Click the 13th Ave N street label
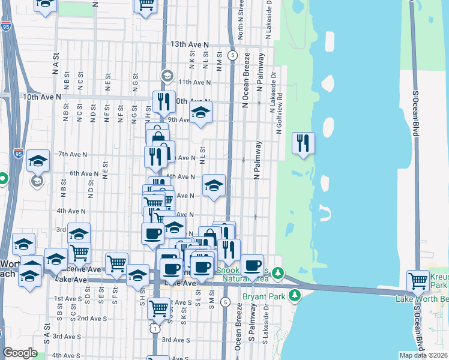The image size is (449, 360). point(188,44)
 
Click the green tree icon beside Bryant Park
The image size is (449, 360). point(294,296)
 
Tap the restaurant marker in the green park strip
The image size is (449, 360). point(303,143)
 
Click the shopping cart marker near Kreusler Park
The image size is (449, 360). point(418,281)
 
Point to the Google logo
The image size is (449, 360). point(20,353)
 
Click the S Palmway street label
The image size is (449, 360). point(253,323)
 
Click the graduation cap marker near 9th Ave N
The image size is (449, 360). point(201,112)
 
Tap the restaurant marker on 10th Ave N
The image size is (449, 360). point(163,102)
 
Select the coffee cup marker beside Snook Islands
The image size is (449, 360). point(253,264)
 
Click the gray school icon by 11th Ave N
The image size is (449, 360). point(166,76)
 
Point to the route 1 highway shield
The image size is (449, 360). point(156,329)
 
